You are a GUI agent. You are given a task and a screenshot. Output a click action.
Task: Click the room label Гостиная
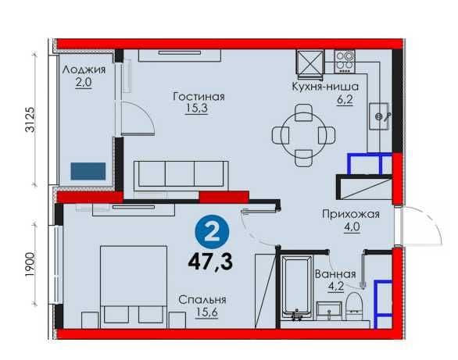199,97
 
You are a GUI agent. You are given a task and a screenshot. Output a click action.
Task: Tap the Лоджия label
84,70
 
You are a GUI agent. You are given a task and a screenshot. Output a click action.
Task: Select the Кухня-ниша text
325,87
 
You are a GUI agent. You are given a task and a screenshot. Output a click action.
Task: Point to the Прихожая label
351,215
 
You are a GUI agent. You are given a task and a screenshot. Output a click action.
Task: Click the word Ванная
335,274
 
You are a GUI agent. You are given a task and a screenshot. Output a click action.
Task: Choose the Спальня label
202,300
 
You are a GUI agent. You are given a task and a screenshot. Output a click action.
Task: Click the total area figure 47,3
210,262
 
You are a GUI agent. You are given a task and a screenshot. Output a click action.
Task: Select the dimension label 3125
30,119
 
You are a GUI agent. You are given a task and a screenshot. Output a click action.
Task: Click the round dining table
304,135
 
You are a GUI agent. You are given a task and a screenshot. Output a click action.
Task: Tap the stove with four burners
345,62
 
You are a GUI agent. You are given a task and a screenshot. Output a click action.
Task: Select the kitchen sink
379,116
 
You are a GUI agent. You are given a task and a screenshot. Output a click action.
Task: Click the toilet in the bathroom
353,306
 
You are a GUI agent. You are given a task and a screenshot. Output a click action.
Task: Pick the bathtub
296,287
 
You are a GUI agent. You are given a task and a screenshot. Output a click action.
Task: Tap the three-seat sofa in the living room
181,176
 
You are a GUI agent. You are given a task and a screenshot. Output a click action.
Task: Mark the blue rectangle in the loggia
88,171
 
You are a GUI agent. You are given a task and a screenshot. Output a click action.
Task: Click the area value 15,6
206,312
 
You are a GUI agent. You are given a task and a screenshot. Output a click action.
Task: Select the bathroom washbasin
329,311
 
